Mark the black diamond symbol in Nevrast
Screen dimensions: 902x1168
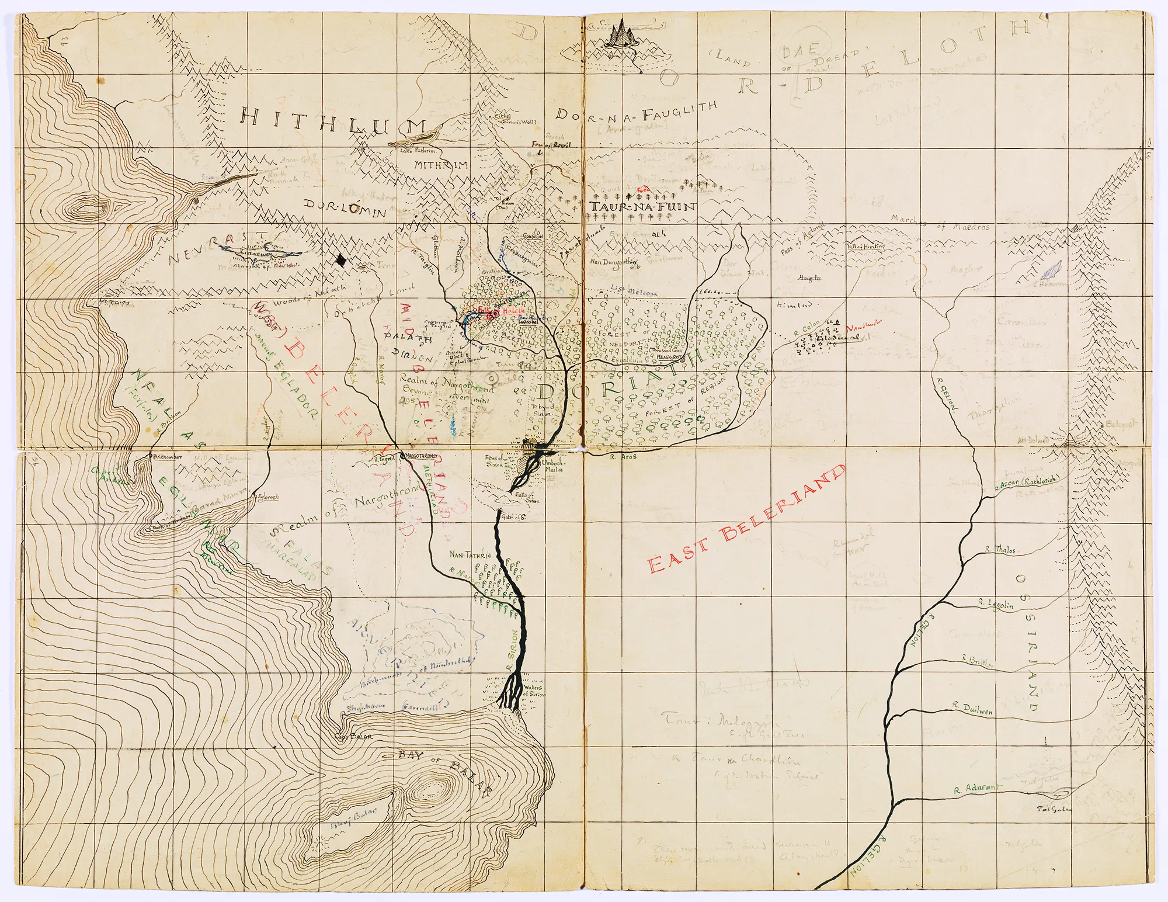point(341,261)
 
